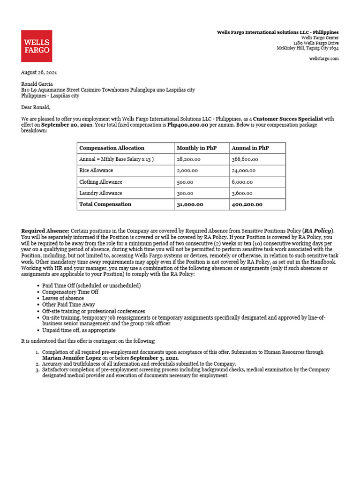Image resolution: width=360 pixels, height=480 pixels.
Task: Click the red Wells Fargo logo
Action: (37, 46)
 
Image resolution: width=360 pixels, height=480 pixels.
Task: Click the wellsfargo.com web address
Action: (324, 59)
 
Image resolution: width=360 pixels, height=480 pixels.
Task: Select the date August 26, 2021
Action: (39, 73)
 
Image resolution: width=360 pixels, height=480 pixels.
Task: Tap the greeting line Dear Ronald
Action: (36, 107)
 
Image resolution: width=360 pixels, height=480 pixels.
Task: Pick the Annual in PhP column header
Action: (250, 148)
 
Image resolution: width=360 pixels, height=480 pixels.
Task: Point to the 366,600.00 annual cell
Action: (245, 159)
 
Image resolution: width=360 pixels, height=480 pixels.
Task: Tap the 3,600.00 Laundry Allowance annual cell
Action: (242, 193)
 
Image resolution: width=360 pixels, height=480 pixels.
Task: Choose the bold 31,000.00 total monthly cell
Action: (190, 204)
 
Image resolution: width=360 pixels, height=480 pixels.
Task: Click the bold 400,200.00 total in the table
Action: (247, 204)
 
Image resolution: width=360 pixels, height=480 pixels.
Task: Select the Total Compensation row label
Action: (105, 204)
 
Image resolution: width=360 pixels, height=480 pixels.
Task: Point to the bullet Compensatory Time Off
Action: (70, 292)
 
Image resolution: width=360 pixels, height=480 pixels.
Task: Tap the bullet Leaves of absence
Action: (63, 298)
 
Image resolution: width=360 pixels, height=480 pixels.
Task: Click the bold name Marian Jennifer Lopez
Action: (71, 358)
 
